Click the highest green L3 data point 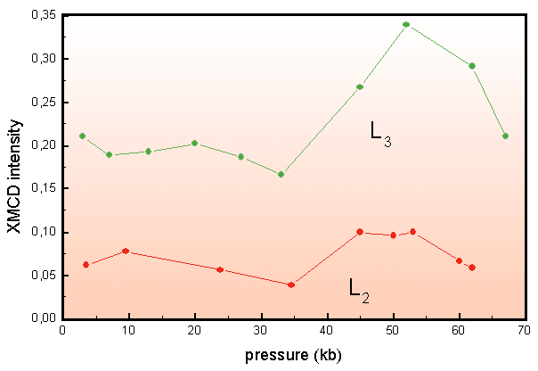[x=406, y=24]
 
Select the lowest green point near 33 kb [x=281, y=174]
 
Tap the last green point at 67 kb [x=505, y=136]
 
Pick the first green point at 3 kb [x=82, y=136]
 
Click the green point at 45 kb [x=360, y=87]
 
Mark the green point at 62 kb [x=472, y=66]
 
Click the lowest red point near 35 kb [x=291, y=284]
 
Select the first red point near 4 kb [x=86, y=265]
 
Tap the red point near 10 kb [x=126, y=251]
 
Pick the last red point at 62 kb [x=472, y=268]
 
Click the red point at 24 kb [x=220, y=269]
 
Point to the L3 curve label [x=380, y=134]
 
